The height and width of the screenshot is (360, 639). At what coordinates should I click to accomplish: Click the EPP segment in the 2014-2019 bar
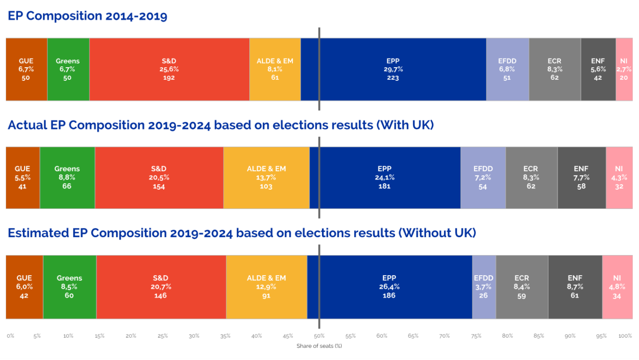point(393,69)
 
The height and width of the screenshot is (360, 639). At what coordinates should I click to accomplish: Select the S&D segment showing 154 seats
point(159,178)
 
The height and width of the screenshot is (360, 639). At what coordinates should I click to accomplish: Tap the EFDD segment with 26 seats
point(484,286)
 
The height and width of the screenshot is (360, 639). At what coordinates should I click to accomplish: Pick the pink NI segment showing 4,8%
point(617,286)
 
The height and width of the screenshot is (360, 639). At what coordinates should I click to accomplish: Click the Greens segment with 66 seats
point(67,178)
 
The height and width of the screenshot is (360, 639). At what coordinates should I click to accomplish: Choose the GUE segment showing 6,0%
point(24,286)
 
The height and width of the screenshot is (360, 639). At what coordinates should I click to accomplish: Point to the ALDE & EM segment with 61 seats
point(275,69)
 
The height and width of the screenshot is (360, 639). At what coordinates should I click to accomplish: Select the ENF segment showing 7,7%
point(581,178)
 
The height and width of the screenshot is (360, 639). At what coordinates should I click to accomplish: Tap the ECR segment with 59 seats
point(522,286)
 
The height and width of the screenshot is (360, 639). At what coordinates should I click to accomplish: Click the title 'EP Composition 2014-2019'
point(88,16)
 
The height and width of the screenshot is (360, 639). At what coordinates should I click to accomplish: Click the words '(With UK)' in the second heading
point(404,125)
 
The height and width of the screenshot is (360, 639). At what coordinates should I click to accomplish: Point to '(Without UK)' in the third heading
point(437,233)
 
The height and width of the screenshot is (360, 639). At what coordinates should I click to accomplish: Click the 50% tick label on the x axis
point(319,336)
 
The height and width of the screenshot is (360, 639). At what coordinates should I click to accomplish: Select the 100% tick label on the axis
point(624,336)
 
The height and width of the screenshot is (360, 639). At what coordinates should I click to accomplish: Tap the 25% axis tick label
point(163,336)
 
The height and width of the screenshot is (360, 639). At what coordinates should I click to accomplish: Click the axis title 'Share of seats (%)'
point(319,346)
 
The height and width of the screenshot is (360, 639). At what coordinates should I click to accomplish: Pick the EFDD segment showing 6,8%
point(507,69)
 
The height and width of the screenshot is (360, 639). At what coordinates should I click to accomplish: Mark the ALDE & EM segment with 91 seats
point(266,286)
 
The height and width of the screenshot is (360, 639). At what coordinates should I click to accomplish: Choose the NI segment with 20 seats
point(624,69)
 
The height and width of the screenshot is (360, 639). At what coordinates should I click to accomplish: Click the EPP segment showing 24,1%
point(385,178)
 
